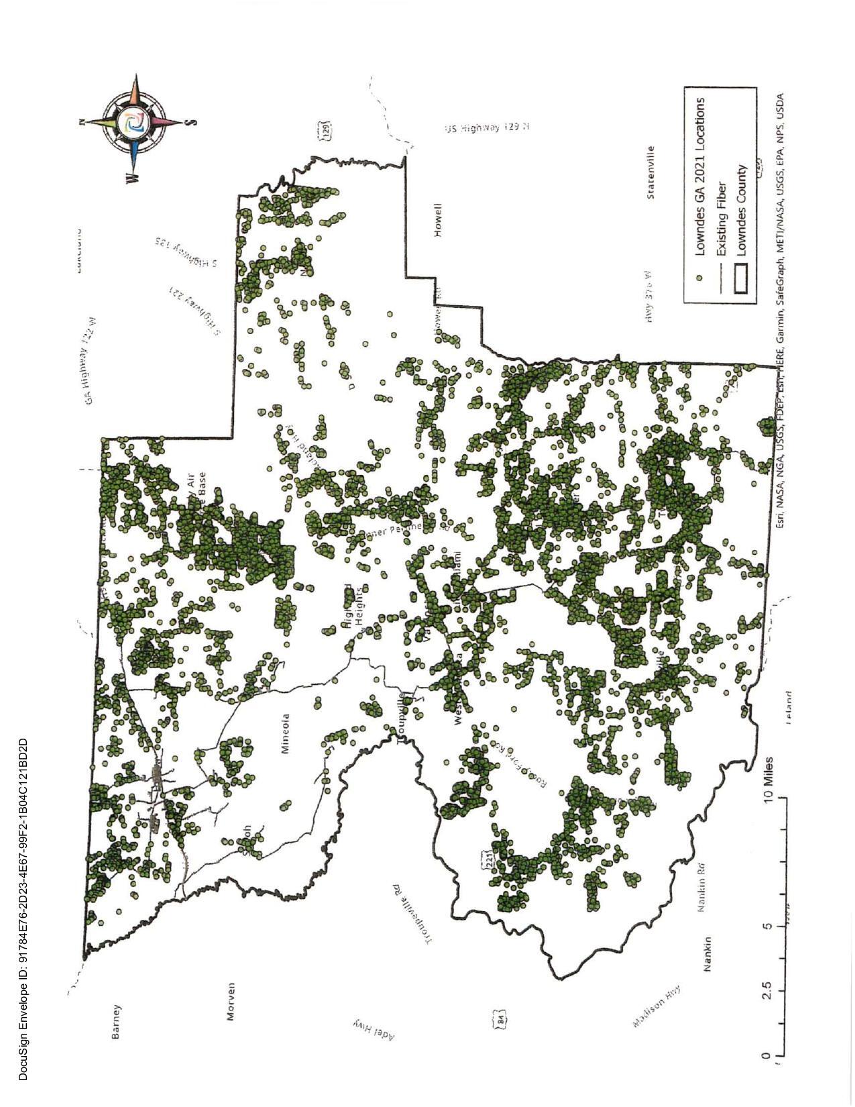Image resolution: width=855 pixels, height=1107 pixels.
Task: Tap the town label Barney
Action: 117,1021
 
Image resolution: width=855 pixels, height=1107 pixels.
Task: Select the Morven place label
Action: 231,1001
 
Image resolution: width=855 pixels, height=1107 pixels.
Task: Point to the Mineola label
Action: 286,733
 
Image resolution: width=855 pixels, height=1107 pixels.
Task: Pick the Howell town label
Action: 438,220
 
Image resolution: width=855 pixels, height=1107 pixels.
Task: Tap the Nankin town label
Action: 706,954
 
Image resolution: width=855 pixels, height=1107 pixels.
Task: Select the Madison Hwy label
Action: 657,1006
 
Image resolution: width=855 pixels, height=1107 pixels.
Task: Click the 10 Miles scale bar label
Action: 768,778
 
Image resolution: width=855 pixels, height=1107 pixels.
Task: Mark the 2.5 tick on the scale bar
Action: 768,990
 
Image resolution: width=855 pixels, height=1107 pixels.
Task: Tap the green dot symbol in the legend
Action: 699,276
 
